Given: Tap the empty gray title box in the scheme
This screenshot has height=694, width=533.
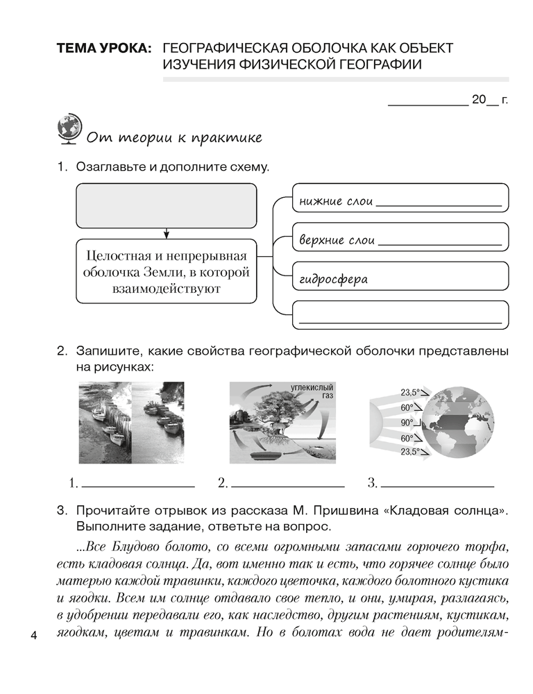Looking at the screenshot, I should pyautogui.click(x=166, y=206).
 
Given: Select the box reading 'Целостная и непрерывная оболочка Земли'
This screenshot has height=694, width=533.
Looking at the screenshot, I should pyautogui.click(x=166, y=270).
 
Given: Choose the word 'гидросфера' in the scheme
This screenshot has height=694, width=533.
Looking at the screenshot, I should pyautogui.click(x=333, y=280).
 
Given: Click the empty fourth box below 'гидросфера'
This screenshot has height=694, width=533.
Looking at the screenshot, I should pyautogui.click(x=400, y=316).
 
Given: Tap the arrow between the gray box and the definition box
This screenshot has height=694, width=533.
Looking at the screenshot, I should pyautogui.click(x=167, y=234).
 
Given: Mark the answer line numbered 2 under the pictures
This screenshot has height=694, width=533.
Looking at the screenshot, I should pyautogui.click(x=287, y=482).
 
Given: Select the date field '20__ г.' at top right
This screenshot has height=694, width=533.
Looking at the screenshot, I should pyautogui.click(x=489, y=100).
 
